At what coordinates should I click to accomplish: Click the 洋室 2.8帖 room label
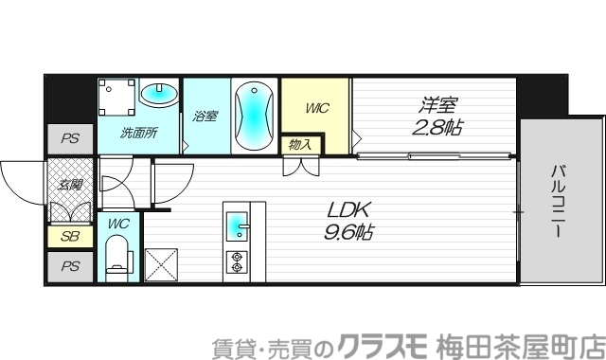(437, 116)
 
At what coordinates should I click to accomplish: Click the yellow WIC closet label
(316, 108)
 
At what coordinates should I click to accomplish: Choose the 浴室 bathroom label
(205, 116)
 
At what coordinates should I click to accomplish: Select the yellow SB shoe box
(70, 237)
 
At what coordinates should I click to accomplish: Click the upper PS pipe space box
(70, 138)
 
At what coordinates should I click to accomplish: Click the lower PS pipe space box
(70, 266)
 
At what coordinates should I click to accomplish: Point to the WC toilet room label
(117, 224)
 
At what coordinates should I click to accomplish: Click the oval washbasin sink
(159, 94)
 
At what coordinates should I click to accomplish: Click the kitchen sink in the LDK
(238, 227)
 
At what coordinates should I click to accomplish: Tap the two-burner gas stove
(237, 262)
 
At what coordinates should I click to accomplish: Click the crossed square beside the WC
(161, 261)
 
